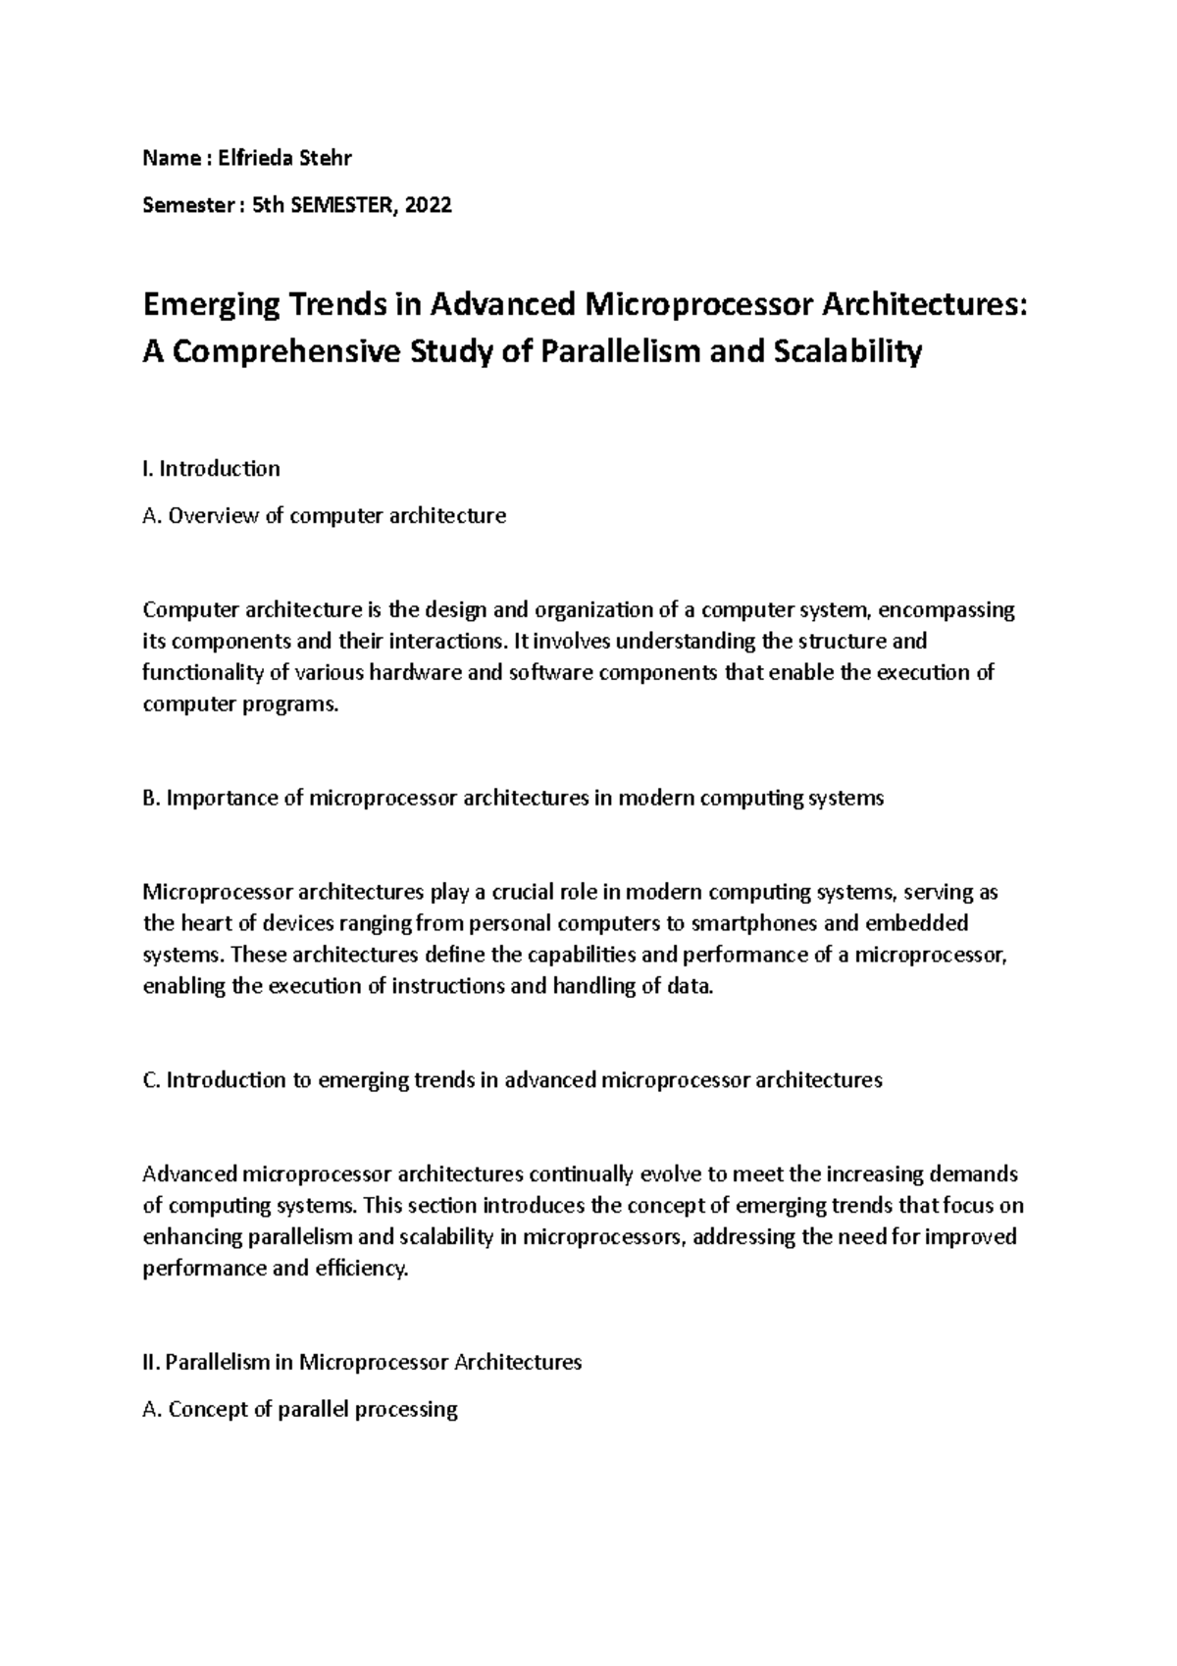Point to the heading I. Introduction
211,468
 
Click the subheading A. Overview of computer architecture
324,515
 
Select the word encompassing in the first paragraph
947,610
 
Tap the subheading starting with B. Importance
513,798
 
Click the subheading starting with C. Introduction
512,1080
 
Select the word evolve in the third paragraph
669,1174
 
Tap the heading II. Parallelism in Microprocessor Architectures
362,1362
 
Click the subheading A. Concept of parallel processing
300,1410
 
